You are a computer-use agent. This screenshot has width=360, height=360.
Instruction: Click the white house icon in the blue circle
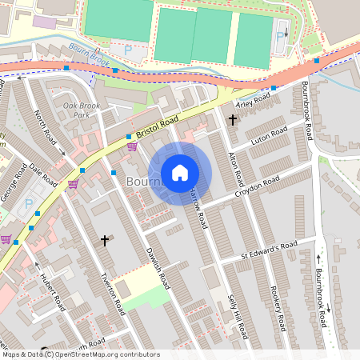[x=180, y=173]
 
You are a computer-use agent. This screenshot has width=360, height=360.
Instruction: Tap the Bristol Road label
[x=158, y=125]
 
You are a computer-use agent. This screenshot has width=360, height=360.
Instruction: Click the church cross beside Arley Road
[x=232, y=120]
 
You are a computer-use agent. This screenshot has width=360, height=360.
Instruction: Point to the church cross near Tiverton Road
[x=104, y=239]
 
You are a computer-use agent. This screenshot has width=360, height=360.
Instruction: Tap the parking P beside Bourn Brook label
[x=128, y=50]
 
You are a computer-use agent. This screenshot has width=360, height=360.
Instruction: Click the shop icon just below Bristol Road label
[x=131, y=146]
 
